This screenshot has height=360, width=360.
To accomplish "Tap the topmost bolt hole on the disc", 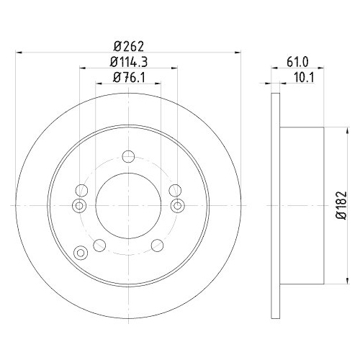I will click(x=128, y=157).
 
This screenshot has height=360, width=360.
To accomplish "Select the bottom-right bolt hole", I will click(x=157, y=245).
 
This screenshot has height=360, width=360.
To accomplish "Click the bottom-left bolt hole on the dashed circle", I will click(x=100, y=245).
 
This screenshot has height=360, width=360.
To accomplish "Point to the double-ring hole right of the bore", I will click(x=176, y=206).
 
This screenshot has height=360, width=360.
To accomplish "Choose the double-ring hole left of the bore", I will click(x=80, y=206).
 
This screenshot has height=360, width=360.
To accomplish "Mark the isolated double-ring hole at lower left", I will click(x=80, y=251).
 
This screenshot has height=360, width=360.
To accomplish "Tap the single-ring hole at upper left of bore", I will click(x=81, y=190).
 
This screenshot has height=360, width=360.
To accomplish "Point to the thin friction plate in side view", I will click(x=274, y=205).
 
